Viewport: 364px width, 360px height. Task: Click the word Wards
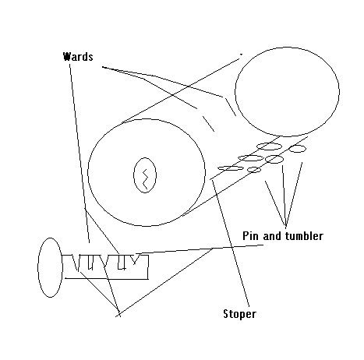(x=78, y=57)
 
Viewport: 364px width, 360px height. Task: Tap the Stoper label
(x=239, y=314)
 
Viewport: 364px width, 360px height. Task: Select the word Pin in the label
(x=250, y=236)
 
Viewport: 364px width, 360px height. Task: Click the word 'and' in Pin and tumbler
(x=272, y=236)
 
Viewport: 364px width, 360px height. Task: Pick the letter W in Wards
(x=67, y=57)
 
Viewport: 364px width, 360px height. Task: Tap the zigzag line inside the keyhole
(x=145, y=179)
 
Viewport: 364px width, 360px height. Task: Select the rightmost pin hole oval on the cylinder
(x=298, y=149)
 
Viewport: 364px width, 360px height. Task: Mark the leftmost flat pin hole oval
(x=231, y=168)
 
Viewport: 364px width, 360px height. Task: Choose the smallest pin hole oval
(x=254, y=170)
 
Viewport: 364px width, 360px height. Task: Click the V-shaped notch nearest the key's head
(x=76, y=263)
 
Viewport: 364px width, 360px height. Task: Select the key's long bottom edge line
(x=107, y=279)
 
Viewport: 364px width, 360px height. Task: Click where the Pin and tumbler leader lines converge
(x=286, y=227)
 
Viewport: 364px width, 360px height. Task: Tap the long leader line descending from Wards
(x=80, y=154)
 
